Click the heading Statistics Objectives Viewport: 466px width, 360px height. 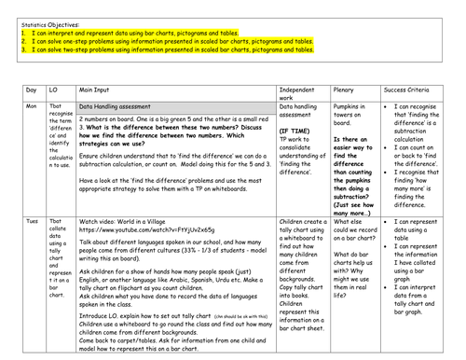coord(42,18)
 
